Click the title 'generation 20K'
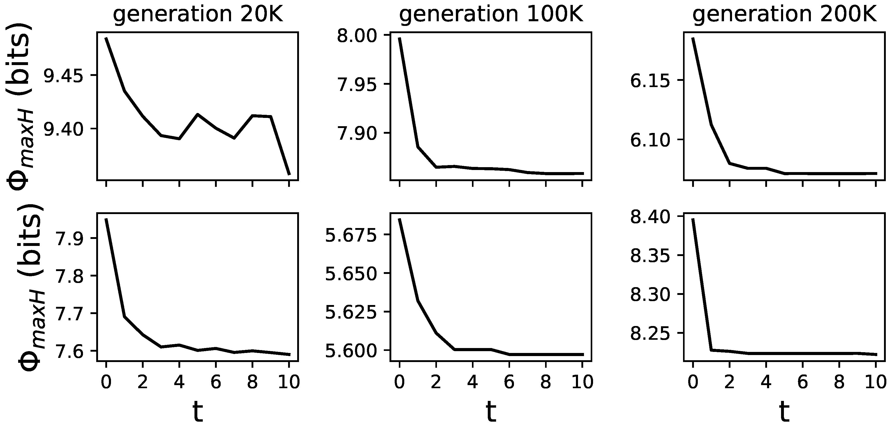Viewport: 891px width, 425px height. pos(198,15)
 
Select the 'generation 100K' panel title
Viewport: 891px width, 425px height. pos(491,15)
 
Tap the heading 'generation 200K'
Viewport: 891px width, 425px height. pos(784,15)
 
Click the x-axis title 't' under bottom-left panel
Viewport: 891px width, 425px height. pos(198,411)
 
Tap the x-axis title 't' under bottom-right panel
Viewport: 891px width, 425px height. pos(784,411)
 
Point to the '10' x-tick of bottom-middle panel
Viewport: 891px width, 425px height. pos(582,382)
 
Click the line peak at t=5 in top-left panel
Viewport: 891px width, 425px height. pos(198,114)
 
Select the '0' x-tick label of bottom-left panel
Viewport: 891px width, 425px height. pos(106,382)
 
